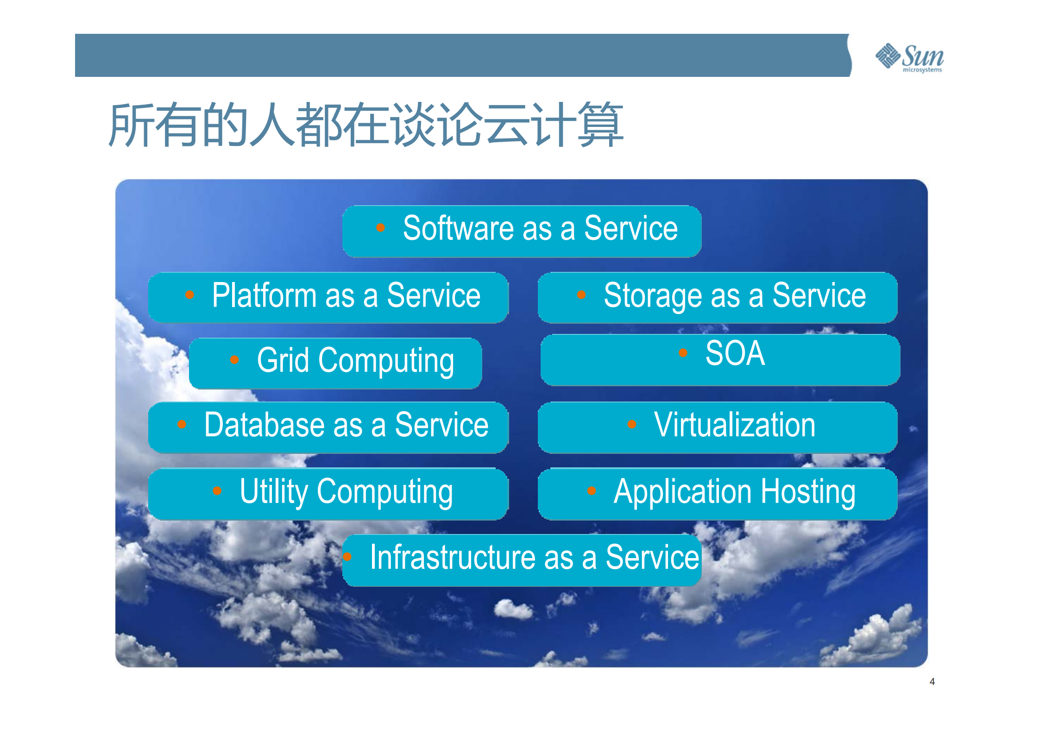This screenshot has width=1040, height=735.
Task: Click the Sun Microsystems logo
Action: tap(909, 57)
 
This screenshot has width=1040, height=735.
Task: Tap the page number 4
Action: tap(932, 682)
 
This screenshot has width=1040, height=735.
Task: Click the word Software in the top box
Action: tap(458, 228)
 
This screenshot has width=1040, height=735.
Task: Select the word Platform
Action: tap(264, 295)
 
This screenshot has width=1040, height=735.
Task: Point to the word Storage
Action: tap(653, 296)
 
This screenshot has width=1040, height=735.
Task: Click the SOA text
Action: tap(735, 353)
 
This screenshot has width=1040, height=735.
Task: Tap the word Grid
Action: tap(283, 360)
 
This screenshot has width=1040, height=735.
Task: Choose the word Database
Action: tap(264, 425)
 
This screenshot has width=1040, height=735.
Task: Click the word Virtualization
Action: tap(734, 425)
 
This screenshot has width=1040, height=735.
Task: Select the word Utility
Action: tap(273, 492)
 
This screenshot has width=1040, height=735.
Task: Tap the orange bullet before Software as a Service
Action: tap(380, 227)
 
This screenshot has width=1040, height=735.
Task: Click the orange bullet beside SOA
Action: tap(683, 353)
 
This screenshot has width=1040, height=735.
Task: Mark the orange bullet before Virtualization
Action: tap(632, 424)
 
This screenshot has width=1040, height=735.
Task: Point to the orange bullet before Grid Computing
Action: tap(234, 360)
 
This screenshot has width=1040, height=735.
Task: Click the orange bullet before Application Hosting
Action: tap(592, 491)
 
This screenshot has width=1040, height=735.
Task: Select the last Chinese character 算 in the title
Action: tap(600, 125)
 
